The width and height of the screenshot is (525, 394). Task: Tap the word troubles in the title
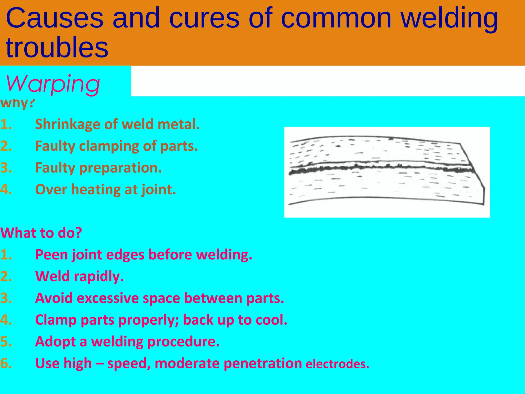[x=57, y=48]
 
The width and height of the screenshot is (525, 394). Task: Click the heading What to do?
[x=41, y=233]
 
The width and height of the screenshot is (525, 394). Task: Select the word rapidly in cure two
[x=99, y=277]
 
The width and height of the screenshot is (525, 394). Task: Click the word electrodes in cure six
[x=337, y=364]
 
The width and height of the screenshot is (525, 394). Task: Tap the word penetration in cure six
[x=262, y=363]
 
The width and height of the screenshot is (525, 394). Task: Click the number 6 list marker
[x=6, y=363]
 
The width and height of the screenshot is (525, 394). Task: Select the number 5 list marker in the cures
[x=6, y=342]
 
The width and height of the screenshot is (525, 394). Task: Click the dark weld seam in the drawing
[x=379, y=168]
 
